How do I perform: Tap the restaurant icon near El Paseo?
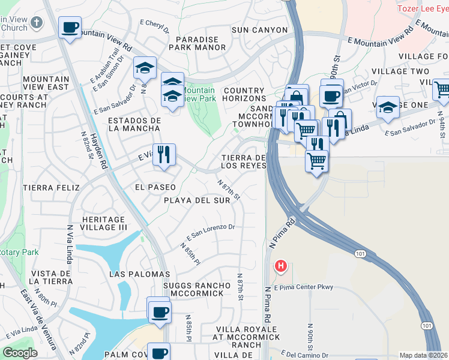coord(164,155)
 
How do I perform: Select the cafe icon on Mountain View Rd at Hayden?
coord(70,28)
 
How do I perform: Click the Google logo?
coord(20,353)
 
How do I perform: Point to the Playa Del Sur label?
coord(197,200)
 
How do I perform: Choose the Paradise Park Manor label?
coord(197,43)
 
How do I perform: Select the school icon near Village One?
coord(388,107)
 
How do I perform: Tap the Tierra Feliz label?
coord(51,188)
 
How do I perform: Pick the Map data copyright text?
coord(423,355)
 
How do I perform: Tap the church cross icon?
coord(37,23)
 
